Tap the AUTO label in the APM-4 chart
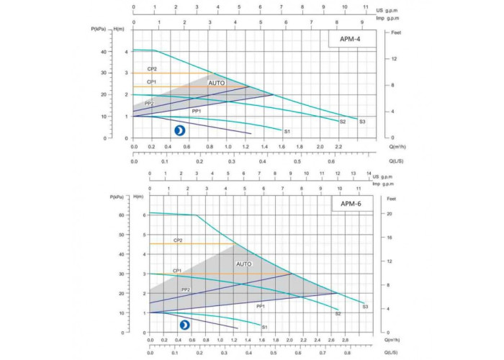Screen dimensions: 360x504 tap(217, 84)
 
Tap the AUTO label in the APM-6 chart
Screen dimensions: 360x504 tap(244, 264)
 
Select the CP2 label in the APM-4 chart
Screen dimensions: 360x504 tap(152, 69)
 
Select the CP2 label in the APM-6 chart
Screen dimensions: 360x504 tap(178, 240)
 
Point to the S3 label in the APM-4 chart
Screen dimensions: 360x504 tap(362, 122)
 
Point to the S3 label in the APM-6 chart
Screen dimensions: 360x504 tap(365, 307)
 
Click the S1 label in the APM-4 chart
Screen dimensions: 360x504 tap(287, 132)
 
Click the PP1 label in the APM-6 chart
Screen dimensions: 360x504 tap(261, 306)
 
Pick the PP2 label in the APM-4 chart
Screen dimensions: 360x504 tap(149, 104)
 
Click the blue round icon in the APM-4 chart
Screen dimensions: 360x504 tap(179, 130)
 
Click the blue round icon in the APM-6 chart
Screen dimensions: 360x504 tap(185, 325)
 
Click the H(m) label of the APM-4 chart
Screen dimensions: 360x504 tap(120, 29)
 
